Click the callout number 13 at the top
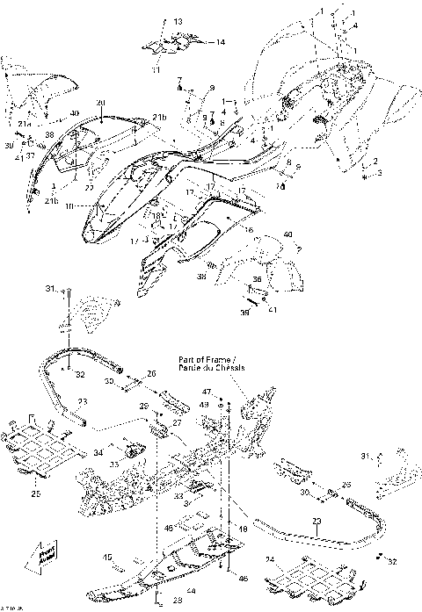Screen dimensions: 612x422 [178, 21]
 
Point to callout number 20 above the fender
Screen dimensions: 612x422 [100, 103]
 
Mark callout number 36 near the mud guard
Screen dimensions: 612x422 [258, 280]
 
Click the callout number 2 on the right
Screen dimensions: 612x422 [375, 161]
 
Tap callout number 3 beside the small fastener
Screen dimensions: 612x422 [380, 175]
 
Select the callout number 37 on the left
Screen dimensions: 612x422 [30, 156]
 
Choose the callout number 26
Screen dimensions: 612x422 [150, 374]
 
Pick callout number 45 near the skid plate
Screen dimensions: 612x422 [107, 556]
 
